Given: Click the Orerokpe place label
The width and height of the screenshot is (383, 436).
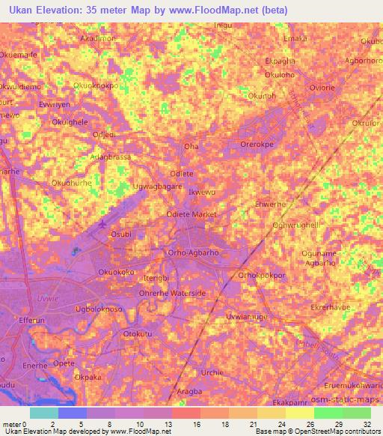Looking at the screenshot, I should [258, 145].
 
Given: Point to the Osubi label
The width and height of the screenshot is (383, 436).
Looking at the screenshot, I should [120, 234].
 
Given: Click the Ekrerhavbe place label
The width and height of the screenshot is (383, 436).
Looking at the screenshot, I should [331, 307].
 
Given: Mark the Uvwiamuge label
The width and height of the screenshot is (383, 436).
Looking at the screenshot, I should [246, 317].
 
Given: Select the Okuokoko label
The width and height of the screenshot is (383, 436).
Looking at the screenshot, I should [117, 272].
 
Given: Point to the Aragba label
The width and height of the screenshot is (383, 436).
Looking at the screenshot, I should [193, 392].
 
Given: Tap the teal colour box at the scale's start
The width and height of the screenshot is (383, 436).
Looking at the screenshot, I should [43, 413].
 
